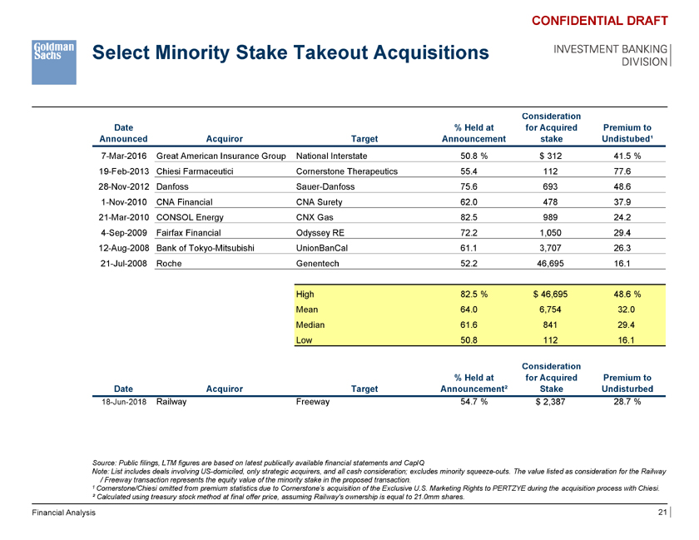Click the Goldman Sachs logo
54,61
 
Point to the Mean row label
308,310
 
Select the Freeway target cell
313,402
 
